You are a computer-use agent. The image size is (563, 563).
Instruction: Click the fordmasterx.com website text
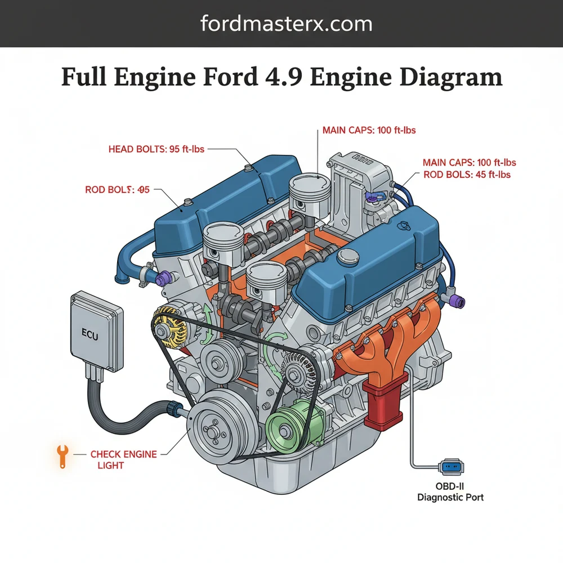click(x=286, y=24)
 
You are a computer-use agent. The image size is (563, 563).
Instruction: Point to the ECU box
click(x=96, y=327)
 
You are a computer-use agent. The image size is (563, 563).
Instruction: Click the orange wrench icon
click(x=62, y=455)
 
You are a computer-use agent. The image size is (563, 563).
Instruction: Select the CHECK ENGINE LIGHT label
click(x=124, y=459)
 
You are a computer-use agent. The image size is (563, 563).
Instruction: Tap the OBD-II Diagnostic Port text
click(x=450, y=492)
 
